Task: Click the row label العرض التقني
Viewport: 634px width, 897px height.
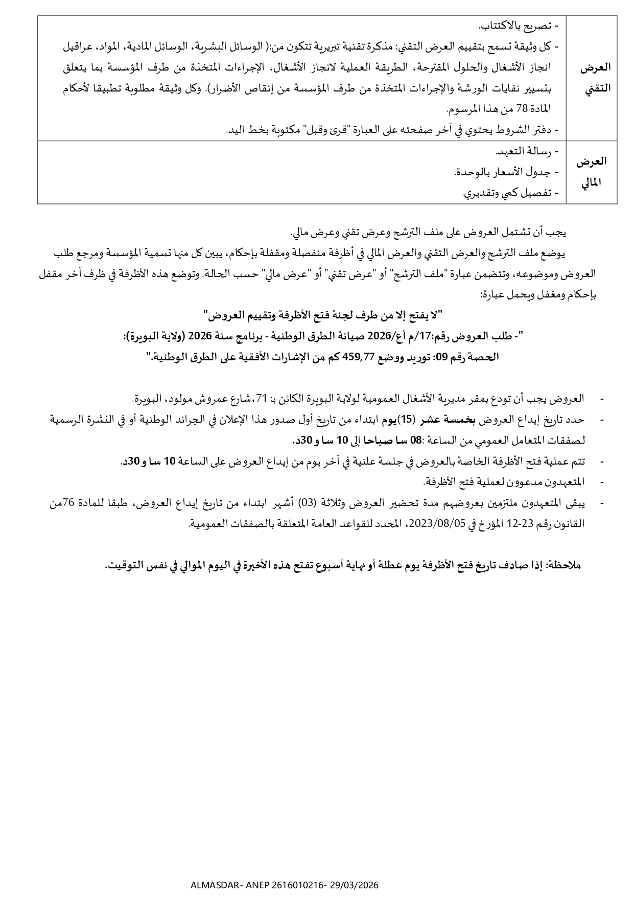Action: point(591,78)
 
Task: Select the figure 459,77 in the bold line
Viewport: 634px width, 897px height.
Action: point(367,357)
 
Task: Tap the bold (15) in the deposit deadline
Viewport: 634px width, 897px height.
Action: point(405,420)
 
